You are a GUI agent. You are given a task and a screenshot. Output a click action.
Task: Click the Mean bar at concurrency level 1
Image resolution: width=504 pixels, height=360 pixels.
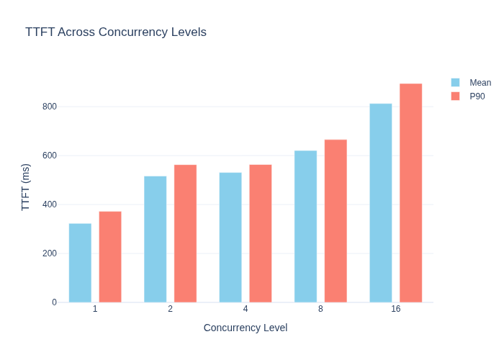tap(80, 263)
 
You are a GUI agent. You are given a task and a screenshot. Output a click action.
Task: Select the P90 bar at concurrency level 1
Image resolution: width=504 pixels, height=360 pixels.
tap(110, 257)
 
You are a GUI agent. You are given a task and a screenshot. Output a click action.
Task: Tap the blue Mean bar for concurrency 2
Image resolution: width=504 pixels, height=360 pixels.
tap(156, 239)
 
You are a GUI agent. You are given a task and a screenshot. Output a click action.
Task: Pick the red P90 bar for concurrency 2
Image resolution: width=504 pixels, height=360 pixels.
tap(186, 234)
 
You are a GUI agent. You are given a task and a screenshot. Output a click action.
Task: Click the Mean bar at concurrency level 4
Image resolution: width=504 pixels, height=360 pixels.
tap(230, 238)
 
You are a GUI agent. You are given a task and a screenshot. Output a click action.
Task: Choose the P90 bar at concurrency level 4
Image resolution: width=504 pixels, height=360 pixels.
tap(261, 234)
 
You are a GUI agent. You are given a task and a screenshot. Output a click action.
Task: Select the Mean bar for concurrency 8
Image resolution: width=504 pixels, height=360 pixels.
tap(306, 227)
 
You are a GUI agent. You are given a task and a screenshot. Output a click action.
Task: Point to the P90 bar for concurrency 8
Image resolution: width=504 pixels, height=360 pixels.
tap(336, 221)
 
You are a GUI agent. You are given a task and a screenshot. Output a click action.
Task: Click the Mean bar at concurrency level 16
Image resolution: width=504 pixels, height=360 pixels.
tap(381, 203)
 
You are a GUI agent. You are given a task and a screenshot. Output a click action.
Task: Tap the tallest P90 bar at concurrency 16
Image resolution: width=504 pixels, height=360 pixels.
tap(411, 193)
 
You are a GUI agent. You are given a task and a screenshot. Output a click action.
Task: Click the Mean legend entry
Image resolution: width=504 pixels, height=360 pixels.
tap(471, 83)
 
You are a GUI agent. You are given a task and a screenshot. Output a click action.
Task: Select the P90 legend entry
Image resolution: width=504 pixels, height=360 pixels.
tap(468, 96)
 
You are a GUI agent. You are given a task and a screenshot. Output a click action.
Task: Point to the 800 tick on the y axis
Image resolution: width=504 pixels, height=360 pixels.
tap(50, 107)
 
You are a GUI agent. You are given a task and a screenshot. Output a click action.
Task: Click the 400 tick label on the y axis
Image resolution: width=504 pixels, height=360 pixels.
tap(50, 204)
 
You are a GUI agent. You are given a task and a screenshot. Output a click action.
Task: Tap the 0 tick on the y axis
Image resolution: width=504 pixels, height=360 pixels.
tap(54, 302)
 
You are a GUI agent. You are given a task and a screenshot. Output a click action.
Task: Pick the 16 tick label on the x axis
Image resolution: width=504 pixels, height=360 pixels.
tap(396, 309)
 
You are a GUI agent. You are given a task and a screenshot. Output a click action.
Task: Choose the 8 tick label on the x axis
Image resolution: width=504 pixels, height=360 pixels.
tap(320, 309)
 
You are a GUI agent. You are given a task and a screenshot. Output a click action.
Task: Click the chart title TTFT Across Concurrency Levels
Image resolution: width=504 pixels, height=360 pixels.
tap(116, 32)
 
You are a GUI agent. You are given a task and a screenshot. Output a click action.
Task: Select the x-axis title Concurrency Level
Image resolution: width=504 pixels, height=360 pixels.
tap(246, 328)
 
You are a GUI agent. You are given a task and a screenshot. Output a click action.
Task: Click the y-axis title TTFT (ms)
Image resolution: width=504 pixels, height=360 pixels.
tap(25, 187)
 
